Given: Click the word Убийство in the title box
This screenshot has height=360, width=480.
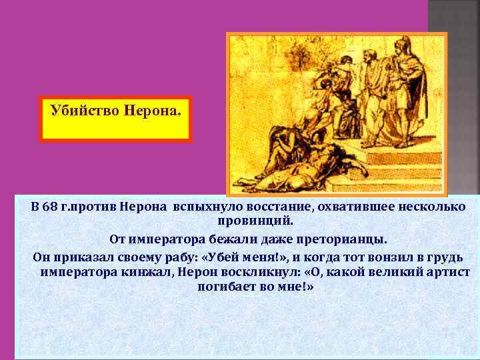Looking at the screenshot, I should coord(84,109).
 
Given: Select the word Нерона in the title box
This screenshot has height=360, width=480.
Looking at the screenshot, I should coord(151,109).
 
